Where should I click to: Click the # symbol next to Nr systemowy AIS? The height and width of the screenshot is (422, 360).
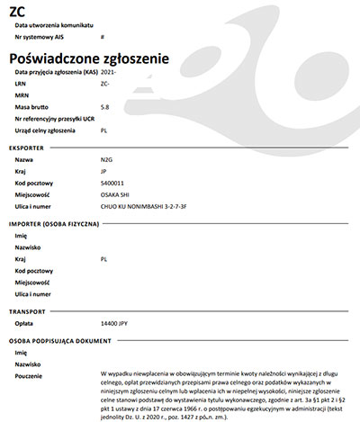coord(103,38)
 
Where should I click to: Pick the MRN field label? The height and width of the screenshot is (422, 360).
coord(23,94)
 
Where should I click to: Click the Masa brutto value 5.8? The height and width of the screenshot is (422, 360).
coord(105,106)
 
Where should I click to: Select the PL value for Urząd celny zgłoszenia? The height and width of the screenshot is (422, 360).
coord(104,130)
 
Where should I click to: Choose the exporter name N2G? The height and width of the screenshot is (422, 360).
coord(107,158)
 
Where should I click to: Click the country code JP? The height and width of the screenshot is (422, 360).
coord(104,170)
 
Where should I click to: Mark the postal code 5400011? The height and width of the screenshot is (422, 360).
coord(113,182)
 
